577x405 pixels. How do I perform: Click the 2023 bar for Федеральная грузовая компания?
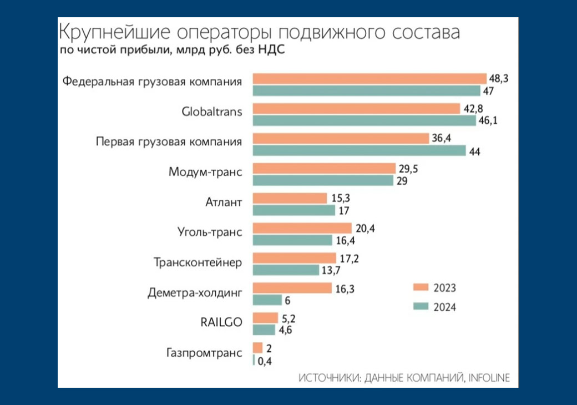click(x=370, y=79)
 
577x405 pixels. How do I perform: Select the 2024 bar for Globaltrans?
click(x=365, y=120)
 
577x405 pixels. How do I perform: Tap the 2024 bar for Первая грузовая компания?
click(x=359, y=151)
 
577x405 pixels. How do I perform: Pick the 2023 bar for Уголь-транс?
click(x=302, y=228)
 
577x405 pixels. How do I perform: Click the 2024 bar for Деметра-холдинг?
click(x=267, y=300)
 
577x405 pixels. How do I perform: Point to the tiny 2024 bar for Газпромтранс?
click(x=254, y=360)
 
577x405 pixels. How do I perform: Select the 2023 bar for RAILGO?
click(x=265, y=318)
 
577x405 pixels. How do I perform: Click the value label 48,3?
click(x=499, y=78)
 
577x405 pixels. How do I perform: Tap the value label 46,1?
click(x=488, y=120)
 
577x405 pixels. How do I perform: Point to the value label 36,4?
click(x=441, y=138)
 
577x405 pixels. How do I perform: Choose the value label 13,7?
click(x=331, y=270)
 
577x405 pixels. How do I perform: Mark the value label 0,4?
click(x=265, y=362)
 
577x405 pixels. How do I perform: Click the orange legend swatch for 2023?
click(x=421, y=287)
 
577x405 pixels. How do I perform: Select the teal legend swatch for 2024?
click(x=421, y=306)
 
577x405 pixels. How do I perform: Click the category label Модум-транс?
click(x=205, y=172)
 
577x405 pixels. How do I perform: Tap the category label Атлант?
click(x=224, y=202)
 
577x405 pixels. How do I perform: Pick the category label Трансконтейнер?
click(x=198, y=262)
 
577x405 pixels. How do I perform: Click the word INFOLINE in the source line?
click(x=489, y=378)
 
